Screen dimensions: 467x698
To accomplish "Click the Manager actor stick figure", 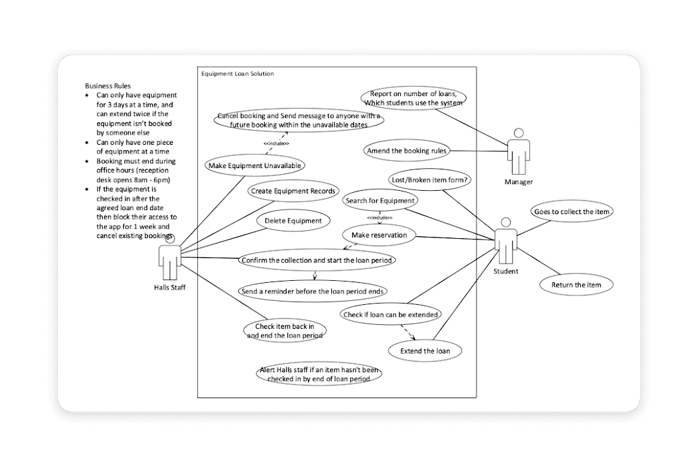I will pos(518,152).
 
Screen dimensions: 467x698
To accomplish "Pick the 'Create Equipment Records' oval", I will pos(294,191).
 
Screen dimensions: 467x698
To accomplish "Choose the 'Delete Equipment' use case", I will pos(293,221).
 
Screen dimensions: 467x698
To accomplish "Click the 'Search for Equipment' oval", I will pos(380,200).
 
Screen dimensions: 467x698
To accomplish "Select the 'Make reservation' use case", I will pos(379,235).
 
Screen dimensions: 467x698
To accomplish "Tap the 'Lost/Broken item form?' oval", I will pos(430,179).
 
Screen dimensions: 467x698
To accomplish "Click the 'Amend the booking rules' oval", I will pos(407,151).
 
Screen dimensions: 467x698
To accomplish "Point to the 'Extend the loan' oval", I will pos(425,351).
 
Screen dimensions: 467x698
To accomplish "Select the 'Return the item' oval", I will pos(576,285).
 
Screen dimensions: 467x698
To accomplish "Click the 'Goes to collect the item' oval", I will pos(571,212).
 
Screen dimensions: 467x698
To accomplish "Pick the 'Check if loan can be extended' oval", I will pos(390,314).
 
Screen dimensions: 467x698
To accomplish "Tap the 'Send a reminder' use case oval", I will pos(313,291).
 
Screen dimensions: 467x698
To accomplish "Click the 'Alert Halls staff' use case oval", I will pos(319,374).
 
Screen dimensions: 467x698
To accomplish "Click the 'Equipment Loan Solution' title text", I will pos(237,73).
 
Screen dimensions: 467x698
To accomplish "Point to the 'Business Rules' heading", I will pos(108,86).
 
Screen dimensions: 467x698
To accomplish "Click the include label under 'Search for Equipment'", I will pos(379,217).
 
